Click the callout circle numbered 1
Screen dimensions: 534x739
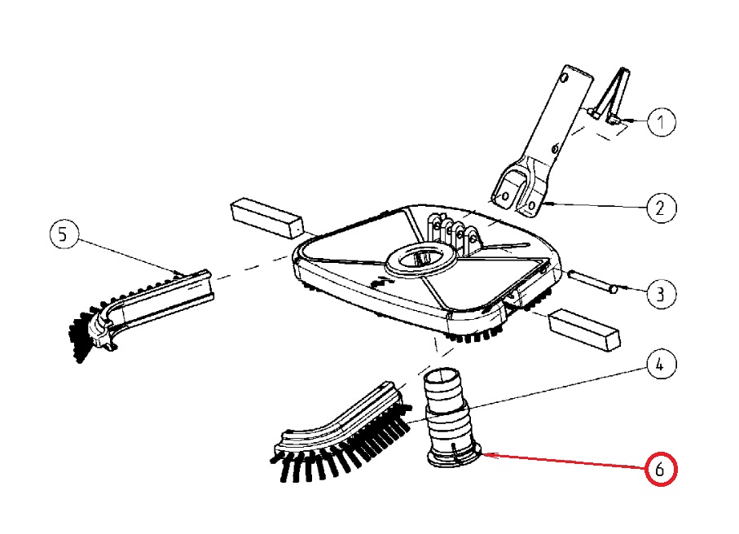point(662,122)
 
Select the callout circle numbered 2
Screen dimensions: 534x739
point(662,207)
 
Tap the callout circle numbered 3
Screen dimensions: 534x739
point(662,292)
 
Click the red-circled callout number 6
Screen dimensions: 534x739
point(661,470)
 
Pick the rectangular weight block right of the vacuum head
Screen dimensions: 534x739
point(583,328)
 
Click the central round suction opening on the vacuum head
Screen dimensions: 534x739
point(419,259)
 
